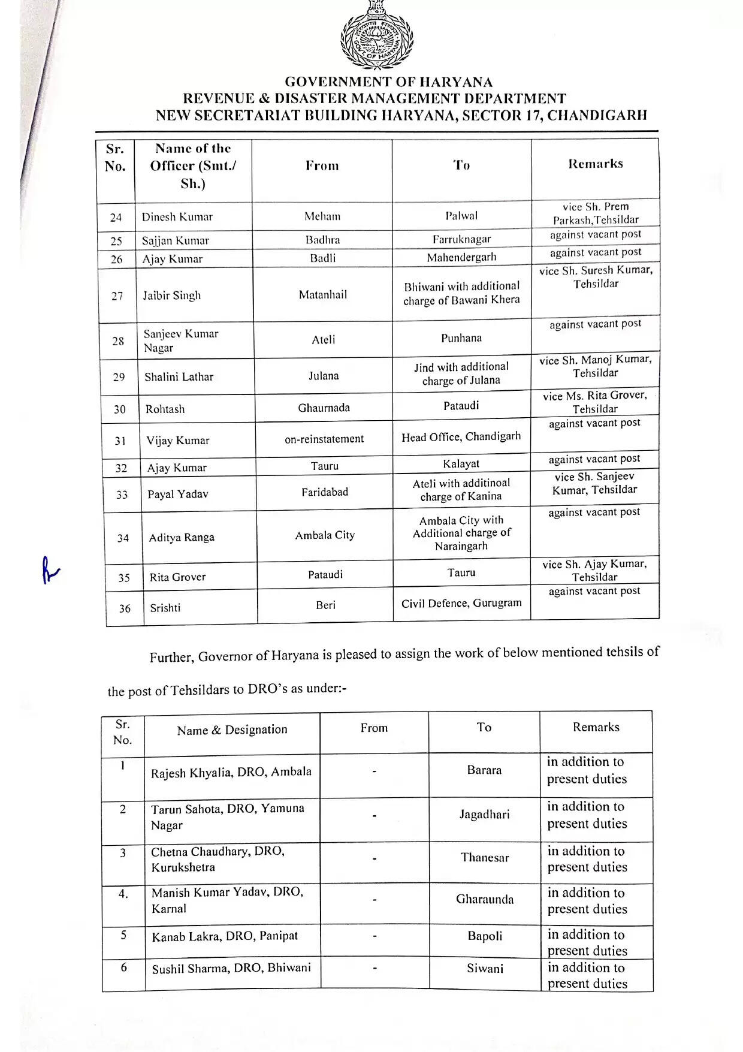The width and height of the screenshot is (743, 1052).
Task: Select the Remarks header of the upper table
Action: pos(595,164)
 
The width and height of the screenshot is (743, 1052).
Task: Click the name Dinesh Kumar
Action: pos(177,216)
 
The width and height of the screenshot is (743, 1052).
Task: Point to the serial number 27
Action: pos(117,296)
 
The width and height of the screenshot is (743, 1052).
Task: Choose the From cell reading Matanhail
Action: pos(322,294)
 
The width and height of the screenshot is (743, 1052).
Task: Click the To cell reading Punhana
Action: pos(461,338)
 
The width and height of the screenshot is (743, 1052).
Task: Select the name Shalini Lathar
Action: pos(179,376)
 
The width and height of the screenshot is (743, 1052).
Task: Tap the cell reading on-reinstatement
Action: pos(324,439)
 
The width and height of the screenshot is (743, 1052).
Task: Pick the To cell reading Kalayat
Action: pos(461,463)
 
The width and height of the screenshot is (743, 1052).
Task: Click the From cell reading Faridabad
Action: pos(324,492)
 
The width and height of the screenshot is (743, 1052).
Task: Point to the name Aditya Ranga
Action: pos(182,538)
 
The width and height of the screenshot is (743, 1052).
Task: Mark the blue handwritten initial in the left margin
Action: pos(49,571)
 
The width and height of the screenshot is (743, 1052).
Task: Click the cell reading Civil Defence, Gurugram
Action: pos(461,603)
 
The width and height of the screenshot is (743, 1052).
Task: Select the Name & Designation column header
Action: pos(232,730)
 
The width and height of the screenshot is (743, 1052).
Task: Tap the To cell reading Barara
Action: pos(484,770)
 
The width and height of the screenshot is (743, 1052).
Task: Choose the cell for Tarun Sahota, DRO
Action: pos(227,816)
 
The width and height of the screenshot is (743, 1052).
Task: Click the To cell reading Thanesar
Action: pos(484,858)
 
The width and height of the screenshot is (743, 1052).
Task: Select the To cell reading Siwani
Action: pos(485,968)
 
